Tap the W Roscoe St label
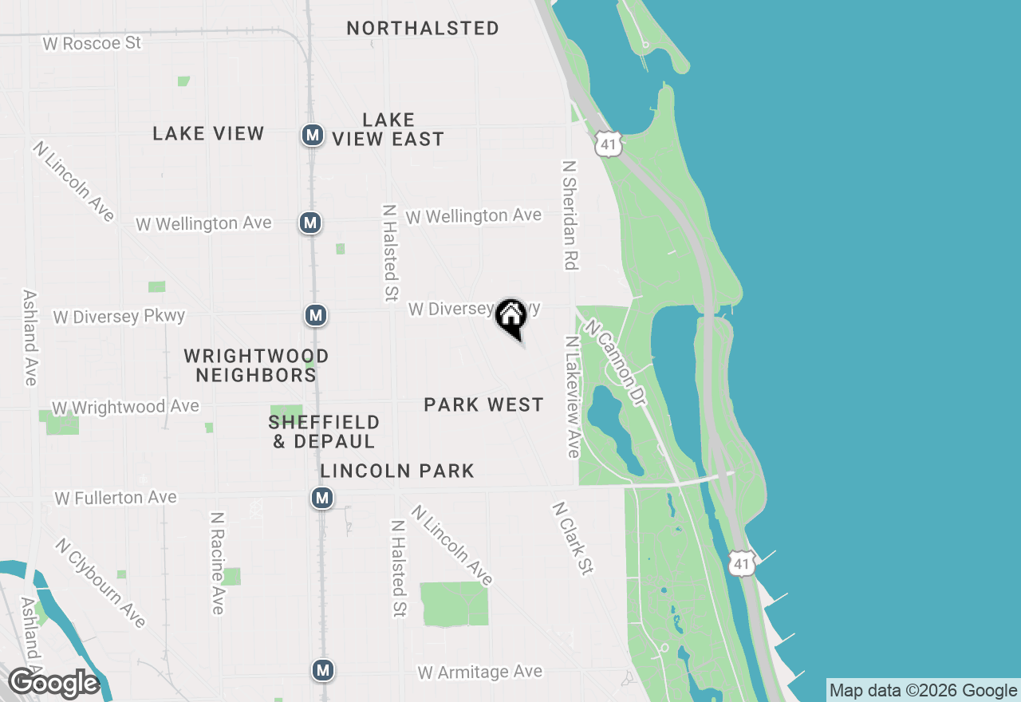point(92,43)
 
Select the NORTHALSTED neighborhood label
point(423,28)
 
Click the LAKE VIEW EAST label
point(388,129)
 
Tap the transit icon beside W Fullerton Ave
point(321,499)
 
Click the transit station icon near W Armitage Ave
point(322,670)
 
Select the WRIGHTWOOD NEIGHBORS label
point(256,365)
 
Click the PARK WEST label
point(483,405)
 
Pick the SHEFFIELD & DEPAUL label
point(324,432)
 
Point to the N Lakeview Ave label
point(572,396)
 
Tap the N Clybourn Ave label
point(101,582)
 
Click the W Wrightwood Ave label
point(125,408)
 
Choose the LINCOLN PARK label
point(397,471)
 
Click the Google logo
point(53,684)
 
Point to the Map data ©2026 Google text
point(923,691)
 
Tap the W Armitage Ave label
point(479,672)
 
